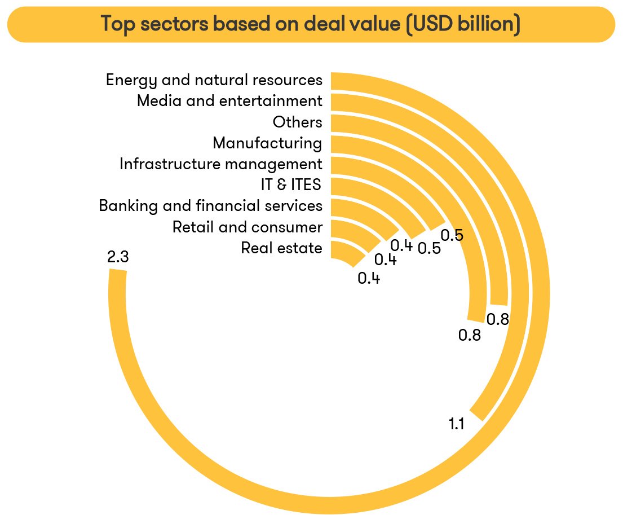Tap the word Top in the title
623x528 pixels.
(x=117, y=24)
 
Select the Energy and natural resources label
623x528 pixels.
(x=214, y=80)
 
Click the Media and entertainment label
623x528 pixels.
(x=229, y=102)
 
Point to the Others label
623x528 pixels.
(x=297, y=122)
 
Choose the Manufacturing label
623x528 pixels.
(x=267, y=143)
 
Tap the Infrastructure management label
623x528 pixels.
(x=221, y=164)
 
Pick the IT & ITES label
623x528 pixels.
(x=288, y=185)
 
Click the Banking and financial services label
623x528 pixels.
(x=210, y=206)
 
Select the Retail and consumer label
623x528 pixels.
(x=248, y=227)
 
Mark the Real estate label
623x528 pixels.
(x=281, y=248)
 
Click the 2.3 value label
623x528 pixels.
(x=118, y=258)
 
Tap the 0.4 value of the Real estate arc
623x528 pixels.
(x=369, y=278)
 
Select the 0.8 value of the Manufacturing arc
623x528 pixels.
(x=469, y=336)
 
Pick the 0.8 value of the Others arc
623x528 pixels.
(x=498, y=319)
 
